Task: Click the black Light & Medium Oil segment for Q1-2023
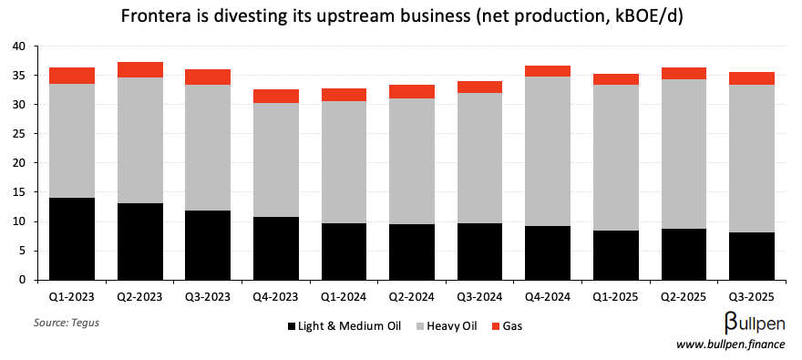[73, 239]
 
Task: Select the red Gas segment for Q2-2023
[140, 69]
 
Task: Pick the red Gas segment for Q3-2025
[751, 78]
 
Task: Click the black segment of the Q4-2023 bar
[276, 248]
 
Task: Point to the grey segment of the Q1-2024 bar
[344, 162]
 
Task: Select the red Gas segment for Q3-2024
[480, 87]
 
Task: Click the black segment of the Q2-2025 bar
[684, 254]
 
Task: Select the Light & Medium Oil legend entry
[346, 325]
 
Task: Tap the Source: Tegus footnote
[67, 323]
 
